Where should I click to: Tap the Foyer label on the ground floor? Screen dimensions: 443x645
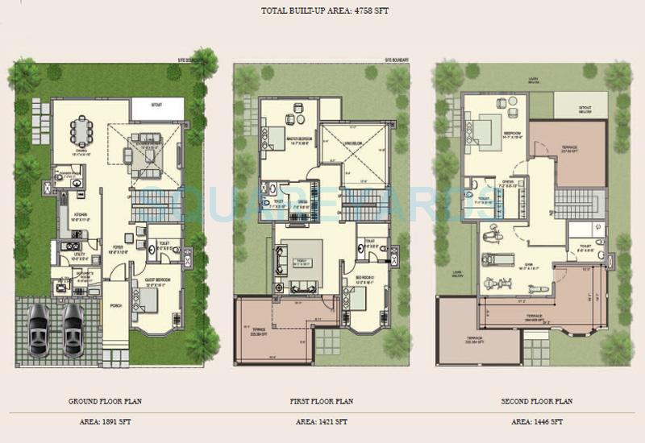(118, 248)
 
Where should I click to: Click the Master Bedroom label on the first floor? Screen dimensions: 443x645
(298, 139)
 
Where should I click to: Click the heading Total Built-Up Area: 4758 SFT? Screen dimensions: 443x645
(322, 12)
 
